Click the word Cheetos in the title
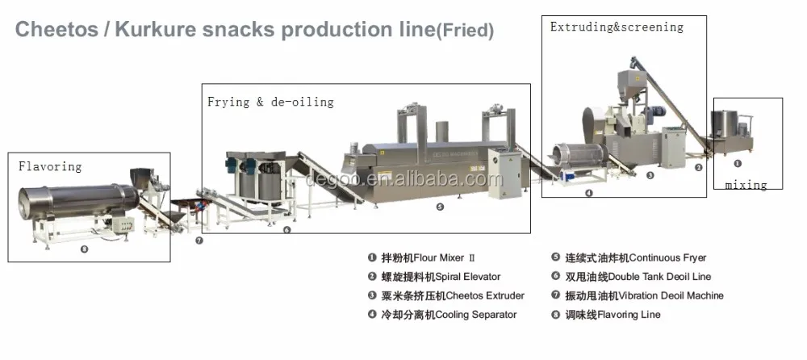point(56,29)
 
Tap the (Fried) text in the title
point(465,31)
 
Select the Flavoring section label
point(50,166)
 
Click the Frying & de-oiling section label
point(270,102)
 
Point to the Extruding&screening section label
point(617,27)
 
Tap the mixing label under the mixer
point(746,184)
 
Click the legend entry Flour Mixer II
point(424,257)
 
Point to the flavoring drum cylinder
point(78,201)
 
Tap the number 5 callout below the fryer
point(440,207)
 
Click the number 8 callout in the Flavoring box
point(85,249)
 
